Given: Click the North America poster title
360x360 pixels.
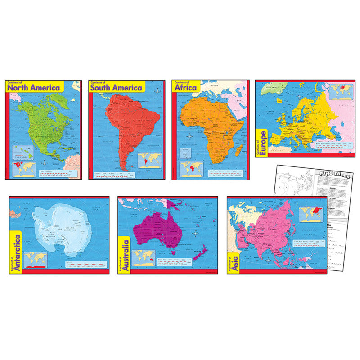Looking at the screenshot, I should (x=34, y=87).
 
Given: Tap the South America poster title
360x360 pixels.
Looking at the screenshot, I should (x=116, y=87).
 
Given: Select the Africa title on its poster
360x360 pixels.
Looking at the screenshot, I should (x=186, y=87).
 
